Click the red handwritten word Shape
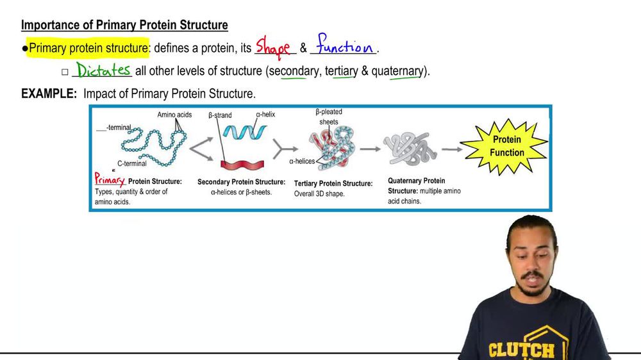273,47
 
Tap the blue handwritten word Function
344,46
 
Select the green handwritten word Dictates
103,70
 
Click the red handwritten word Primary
110,180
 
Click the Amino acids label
174,115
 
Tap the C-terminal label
131,163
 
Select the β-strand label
220,115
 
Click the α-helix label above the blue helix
265,115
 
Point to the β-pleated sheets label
329,117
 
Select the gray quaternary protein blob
411,149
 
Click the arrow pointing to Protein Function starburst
451,150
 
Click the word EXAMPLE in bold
48,94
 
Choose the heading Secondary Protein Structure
241,182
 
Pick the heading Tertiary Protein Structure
333,183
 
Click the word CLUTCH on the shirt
521,350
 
